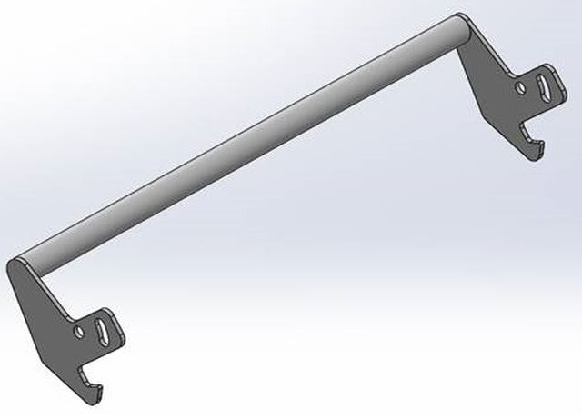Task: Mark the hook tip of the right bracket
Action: coord(537,155)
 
